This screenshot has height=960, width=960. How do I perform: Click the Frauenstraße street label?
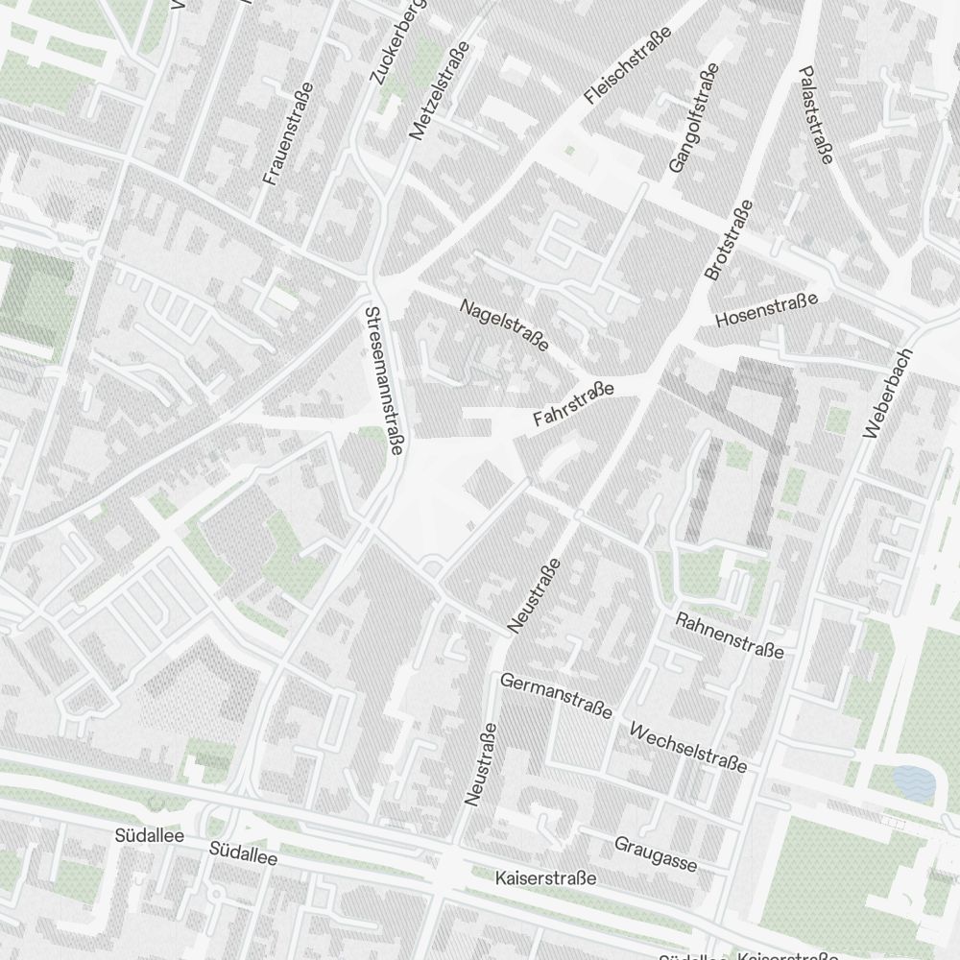coord(288,133)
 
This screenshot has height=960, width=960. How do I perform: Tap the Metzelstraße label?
coord(429,91)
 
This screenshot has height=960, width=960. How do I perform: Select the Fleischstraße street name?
coord(627,65)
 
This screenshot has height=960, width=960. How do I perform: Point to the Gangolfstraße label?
coord(693,119)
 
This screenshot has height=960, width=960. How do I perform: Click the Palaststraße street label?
coord(816,114)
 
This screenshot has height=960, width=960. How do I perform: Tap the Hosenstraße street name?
coord(767,309)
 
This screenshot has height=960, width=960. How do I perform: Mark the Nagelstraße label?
coord(504,324)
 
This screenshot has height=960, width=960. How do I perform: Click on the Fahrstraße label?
coord(573,405)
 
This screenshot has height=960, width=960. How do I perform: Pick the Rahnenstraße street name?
coord(730,636)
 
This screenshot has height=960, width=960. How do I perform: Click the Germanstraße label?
coord(556,695)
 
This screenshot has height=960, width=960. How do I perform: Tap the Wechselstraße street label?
coord(687,747)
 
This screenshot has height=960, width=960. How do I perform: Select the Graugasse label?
coord(656,854)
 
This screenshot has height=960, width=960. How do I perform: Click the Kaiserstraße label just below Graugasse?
coord(545,878)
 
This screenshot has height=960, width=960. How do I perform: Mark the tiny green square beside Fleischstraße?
coord(570,151)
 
